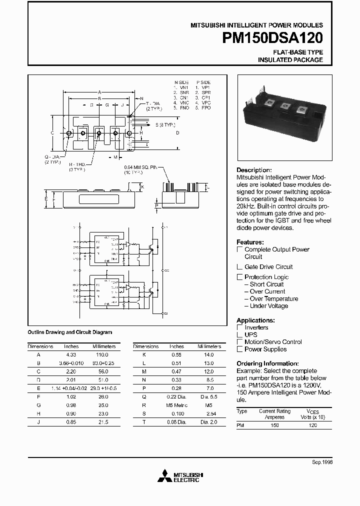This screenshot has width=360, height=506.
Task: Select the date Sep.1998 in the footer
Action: click(x=322, y=462)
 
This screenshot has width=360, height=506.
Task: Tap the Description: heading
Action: click(x=254, y=170)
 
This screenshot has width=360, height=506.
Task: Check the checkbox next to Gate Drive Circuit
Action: click(x=240, y=267)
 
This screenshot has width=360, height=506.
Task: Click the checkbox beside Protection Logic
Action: click(x=240, y=277)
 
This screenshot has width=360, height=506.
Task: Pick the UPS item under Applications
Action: click(x=251, y=334)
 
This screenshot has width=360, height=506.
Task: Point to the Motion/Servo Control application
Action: click(x=273, y=342)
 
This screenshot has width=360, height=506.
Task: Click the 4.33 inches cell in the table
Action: click(x=71, y=353)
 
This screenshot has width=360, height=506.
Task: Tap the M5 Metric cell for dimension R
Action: click(x=176, y=405)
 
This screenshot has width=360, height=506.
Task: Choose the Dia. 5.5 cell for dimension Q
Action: click(x=208, y=396)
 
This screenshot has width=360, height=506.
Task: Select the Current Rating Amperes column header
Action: click(x=274, y=414)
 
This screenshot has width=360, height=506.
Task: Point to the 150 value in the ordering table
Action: click(x=274, y=425)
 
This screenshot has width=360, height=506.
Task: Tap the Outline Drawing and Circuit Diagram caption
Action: click(x=69, y=332)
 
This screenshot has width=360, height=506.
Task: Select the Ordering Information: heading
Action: click(x=267, y=363)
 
